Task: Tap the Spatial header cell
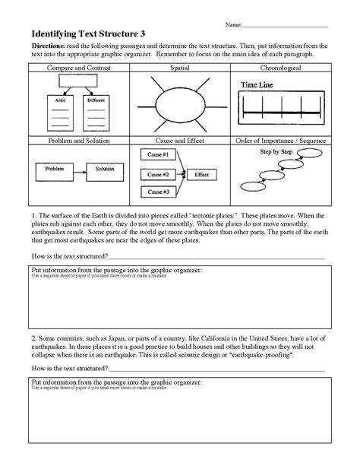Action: pyautogui.click(x=179, y=68)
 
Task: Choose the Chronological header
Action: pyautogui.click(x=280, y=68)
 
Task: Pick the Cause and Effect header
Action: pyautogui.click(x=179, y=141)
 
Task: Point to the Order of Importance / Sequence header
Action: pyautogui.click(x=280, y=141)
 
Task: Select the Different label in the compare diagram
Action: pyautogui.click(x=96, y=99)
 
